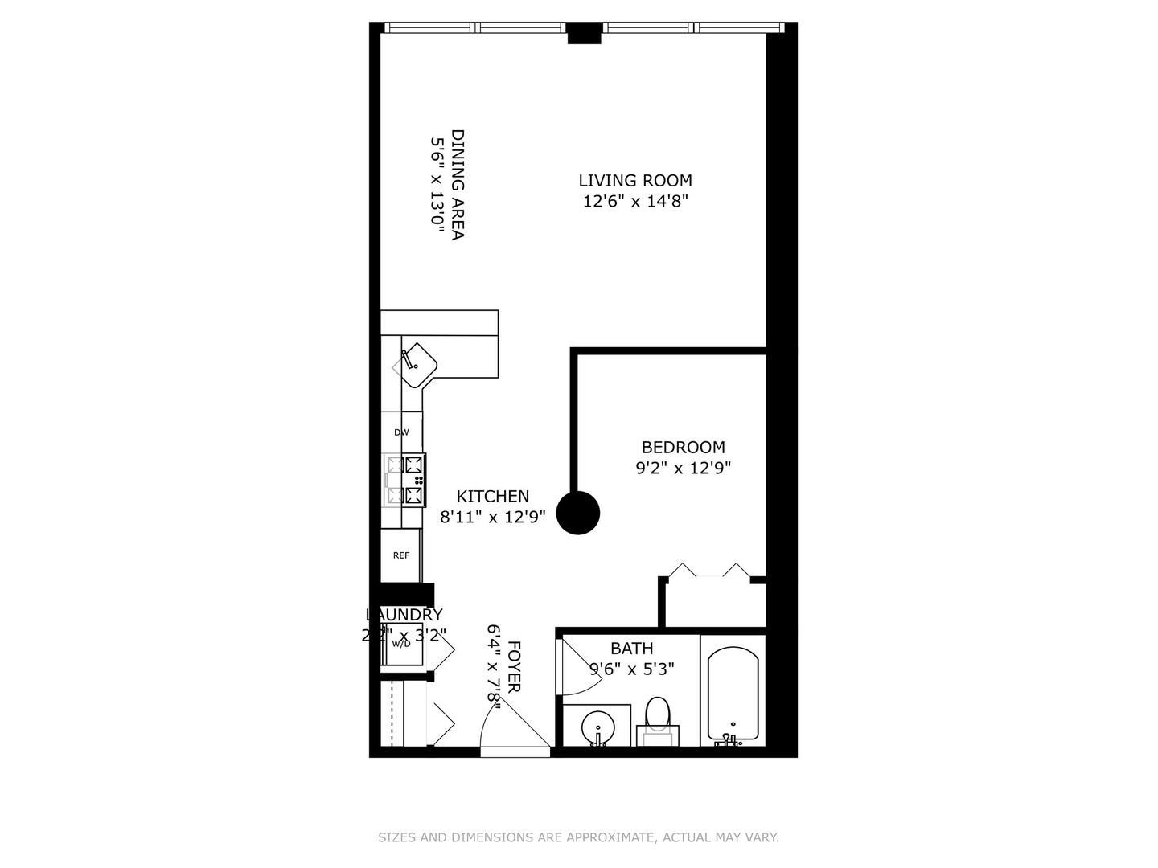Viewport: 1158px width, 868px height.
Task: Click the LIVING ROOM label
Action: (635, 181)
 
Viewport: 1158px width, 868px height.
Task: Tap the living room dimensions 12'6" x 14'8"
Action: (635, 201)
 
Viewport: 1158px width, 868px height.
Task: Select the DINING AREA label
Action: (458, 184)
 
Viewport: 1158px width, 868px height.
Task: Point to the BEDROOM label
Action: (683, 447)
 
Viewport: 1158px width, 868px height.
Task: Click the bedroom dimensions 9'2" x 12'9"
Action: (683, 468)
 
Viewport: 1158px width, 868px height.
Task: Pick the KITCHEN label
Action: (493, 497)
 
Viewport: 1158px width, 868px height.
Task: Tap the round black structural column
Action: (579, 513)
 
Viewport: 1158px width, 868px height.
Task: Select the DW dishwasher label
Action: (401, 432)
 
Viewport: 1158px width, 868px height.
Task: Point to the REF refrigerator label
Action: (400, 555)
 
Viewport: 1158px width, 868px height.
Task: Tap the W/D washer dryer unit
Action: (401, 644)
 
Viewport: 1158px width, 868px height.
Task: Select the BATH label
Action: (631, 648)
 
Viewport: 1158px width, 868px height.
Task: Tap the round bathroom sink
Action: (597, 727)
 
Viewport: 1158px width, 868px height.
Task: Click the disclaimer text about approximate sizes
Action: (578, 837)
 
